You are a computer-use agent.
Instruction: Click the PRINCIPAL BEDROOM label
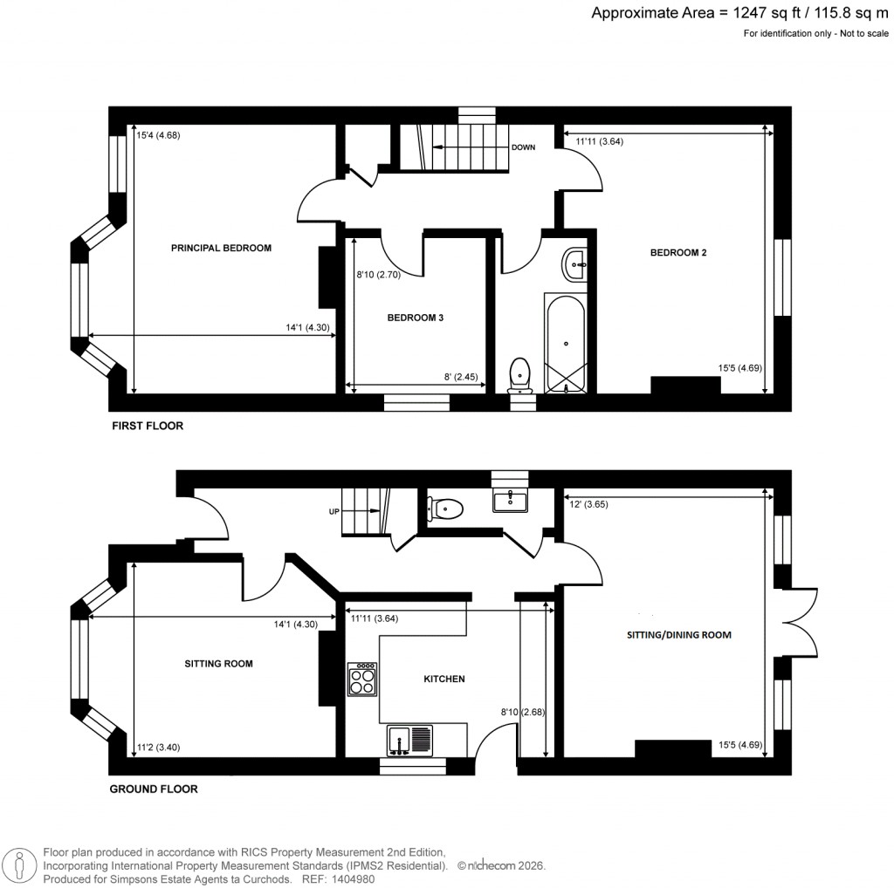221,248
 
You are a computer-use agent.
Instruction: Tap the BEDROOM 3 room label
416,318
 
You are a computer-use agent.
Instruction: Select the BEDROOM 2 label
677,253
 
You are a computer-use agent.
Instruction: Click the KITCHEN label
444,679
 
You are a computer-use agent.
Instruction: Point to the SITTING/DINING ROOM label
678,635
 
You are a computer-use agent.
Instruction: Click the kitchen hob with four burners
362,680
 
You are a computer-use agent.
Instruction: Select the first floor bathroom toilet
521,373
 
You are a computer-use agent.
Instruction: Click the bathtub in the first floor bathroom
567,343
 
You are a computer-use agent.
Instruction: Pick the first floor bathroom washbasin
575,263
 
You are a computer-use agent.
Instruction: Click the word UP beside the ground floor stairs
334,511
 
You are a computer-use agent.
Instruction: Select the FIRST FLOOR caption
147,427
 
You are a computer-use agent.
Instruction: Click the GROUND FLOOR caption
153,789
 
